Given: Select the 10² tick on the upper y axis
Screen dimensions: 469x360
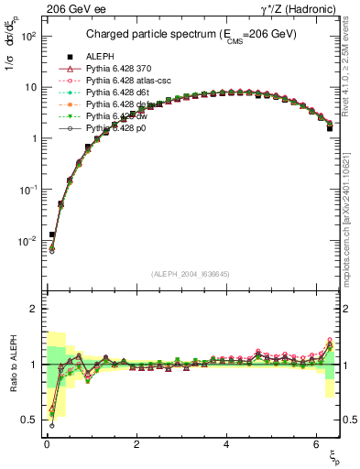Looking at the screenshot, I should tap(27, 36).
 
